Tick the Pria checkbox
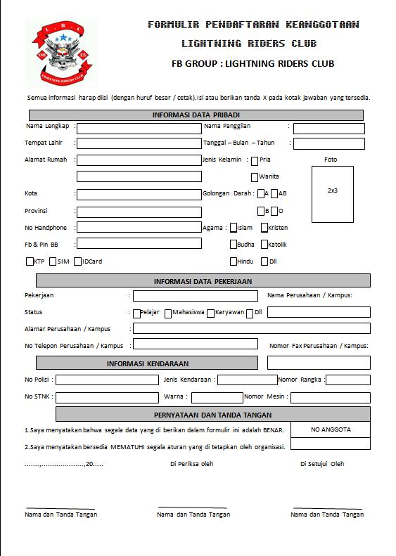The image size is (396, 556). (x=255, y=160)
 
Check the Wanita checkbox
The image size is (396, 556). (x=255, y=177)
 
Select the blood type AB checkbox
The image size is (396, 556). (x=274, y=194)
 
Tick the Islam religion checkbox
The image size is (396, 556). (x=233, y=228)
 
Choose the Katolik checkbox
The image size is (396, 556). (x=264, y=245)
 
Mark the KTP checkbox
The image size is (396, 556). (x=30, y=261)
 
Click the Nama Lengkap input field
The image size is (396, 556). (x=139, y=128)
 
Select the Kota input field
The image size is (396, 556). (x=139, y=195)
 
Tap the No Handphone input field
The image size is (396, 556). (x=139, y=228)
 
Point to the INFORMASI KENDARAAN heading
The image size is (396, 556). (x=148, y=363)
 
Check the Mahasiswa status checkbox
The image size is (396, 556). (x=168, y=313)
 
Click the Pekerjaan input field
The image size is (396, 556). (x=195, y=296)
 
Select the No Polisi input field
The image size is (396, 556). (x=107, y=380)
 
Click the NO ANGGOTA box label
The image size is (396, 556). (x=331, y=429)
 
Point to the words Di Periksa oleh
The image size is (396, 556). (x=191, y=464)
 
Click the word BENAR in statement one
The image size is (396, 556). (x=274, y=430)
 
